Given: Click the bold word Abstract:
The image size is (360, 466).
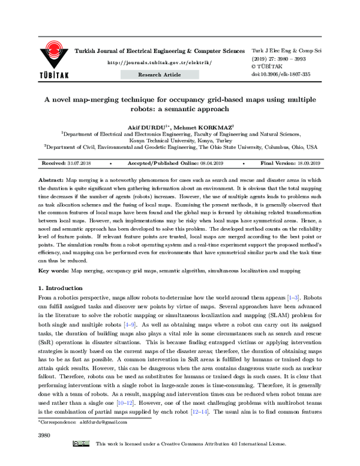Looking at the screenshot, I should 51,180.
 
